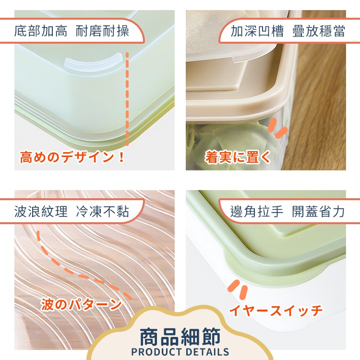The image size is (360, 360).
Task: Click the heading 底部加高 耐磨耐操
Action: coord(72,31)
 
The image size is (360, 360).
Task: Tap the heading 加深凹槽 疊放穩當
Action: coord(288,31)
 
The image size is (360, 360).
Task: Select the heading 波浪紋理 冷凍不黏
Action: coord(72,211)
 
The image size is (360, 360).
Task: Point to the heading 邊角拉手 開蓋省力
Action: coord(288,211)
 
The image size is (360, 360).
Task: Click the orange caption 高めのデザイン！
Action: coord(72,157)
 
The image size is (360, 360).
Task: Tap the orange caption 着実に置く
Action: coord(238,157)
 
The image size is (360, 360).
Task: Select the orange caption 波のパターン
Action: coord(81,304)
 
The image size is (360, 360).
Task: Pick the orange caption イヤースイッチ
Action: coord(276,310)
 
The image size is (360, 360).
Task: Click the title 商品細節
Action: coord(180,337)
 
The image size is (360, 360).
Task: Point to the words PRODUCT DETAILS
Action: coord(180,352)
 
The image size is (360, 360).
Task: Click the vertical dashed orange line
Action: coord(127,99)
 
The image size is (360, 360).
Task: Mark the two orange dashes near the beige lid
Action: coord(277,128)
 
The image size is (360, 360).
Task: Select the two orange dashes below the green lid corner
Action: coord(238,290)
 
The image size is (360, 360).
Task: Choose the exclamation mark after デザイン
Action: coord(121,157)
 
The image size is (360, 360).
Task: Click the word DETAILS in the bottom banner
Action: coord(207,352)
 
